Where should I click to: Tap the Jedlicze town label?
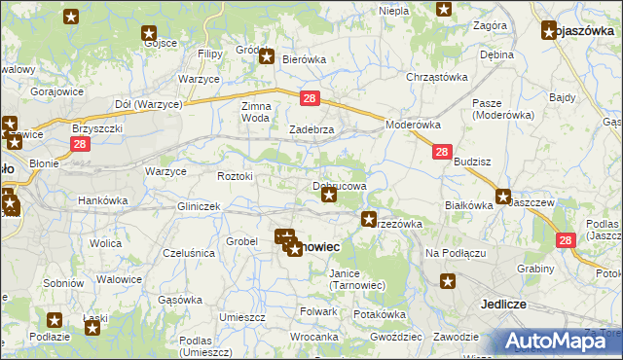503,304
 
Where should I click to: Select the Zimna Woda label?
255,111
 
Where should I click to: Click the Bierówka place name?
303,59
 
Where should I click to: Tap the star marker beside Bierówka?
266,57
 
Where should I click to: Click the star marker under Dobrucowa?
329,196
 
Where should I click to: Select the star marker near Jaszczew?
503,196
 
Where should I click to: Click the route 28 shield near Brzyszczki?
80,143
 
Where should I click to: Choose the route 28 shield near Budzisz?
441,153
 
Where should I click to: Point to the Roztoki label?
235,176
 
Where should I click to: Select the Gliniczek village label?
199,207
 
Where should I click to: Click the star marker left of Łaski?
55,319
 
